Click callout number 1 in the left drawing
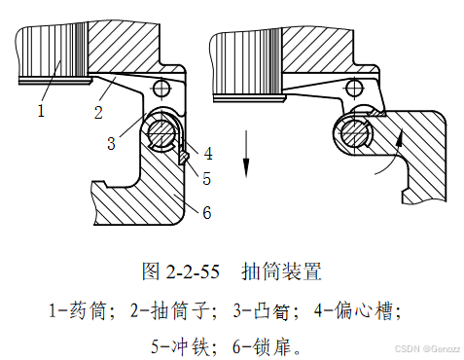[41, 111]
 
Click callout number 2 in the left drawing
[98, 113]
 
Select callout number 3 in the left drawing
[111, 143]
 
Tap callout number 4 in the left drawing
[208, 153]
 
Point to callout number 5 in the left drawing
[207, 178]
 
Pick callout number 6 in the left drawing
[207, 213]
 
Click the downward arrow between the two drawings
[246, 154]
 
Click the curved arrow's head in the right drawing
[401, 134]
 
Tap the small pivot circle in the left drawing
[161, 89]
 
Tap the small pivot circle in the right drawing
[354, 88]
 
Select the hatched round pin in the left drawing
[160, 133]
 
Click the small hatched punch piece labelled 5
[183, 158]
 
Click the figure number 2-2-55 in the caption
[193, 271]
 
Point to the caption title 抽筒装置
[281, 271]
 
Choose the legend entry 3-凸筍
[261, 310]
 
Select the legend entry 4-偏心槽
[354, 310]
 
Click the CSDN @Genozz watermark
[428, 349]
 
